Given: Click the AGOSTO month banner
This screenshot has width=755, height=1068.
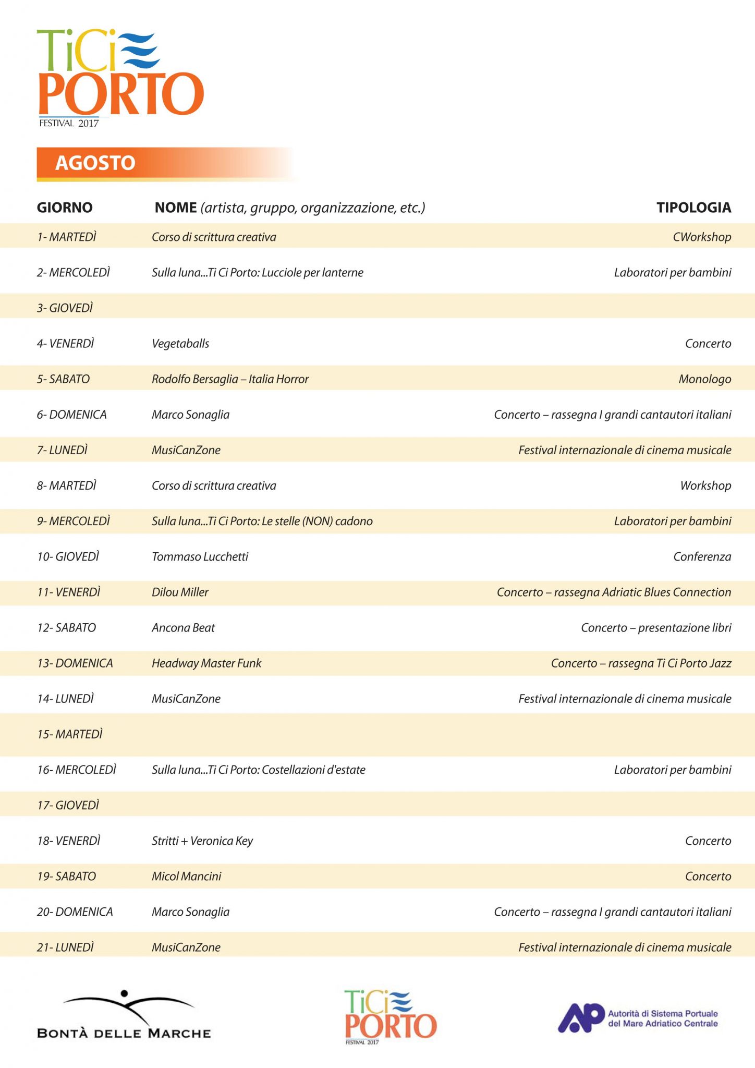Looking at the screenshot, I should click(x=96, y=163).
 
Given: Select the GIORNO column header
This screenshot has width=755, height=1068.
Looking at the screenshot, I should click(x=65, y=208).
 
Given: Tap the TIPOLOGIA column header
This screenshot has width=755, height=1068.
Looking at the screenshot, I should click(x=693, y=208).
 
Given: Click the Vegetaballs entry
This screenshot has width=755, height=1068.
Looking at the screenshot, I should click(x=180, y=344).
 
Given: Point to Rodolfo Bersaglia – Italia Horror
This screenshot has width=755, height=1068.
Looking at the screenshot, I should click(x=230, y=379).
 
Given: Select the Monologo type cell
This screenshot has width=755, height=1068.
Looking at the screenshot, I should click(x=704, y=379).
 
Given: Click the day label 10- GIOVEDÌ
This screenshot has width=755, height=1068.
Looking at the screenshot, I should click(x=68, y=557).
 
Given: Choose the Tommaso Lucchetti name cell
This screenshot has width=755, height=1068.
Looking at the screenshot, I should click(x=200, y=557).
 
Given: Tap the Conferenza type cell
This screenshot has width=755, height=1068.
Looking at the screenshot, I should click(x=702, y=557).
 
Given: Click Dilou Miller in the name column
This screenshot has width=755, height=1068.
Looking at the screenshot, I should click(x=180, y=592).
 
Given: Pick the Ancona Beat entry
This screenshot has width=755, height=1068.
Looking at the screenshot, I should click(x=183, y=628).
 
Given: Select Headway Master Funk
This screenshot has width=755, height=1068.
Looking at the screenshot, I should click(x=206, y=663).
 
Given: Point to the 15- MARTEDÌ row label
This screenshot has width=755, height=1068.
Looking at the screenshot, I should click(x=70, y=734).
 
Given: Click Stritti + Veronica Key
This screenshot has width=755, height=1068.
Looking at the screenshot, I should click(x=202, y=841).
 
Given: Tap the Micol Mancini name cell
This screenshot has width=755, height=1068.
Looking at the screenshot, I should click(x=186, y=876).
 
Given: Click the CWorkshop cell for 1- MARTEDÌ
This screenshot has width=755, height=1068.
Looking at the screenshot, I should click(x=702, y=237).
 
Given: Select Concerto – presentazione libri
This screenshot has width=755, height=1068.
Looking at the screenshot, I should click(x=656, y=628).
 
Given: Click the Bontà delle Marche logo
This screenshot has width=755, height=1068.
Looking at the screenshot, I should click(x=124, y=1015).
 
